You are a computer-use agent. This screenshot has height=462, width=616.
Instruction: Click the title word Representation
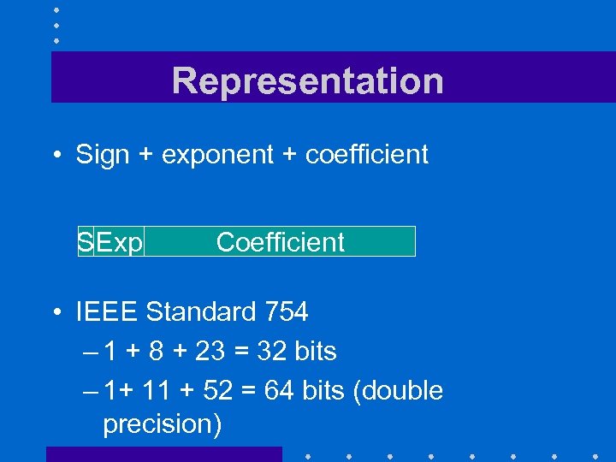tap(307, 81)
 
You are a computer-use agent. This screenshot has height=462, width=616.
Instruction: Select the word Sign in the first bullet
tap(103, 155)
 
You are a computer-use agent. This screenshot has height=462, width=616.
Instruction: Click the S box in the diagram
tap(85, 242)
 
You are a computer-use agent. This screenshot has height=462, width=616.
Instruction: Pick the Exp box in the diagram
tap(119, 242)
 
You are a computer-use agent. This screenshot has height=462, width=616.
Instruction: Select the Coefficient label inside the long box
tap(280, 242)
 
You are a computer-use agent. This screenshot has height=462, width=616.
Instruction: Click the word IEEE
tap(107, 312)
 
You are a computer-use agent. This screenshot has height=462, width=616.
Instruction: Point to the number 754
tap(286, 312)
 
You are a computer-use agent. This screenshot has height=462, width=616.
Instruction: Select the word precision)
tap(162, 424)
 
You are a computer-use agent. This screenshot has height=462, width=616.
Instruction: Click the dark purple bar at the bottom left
tap(163, 454)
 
